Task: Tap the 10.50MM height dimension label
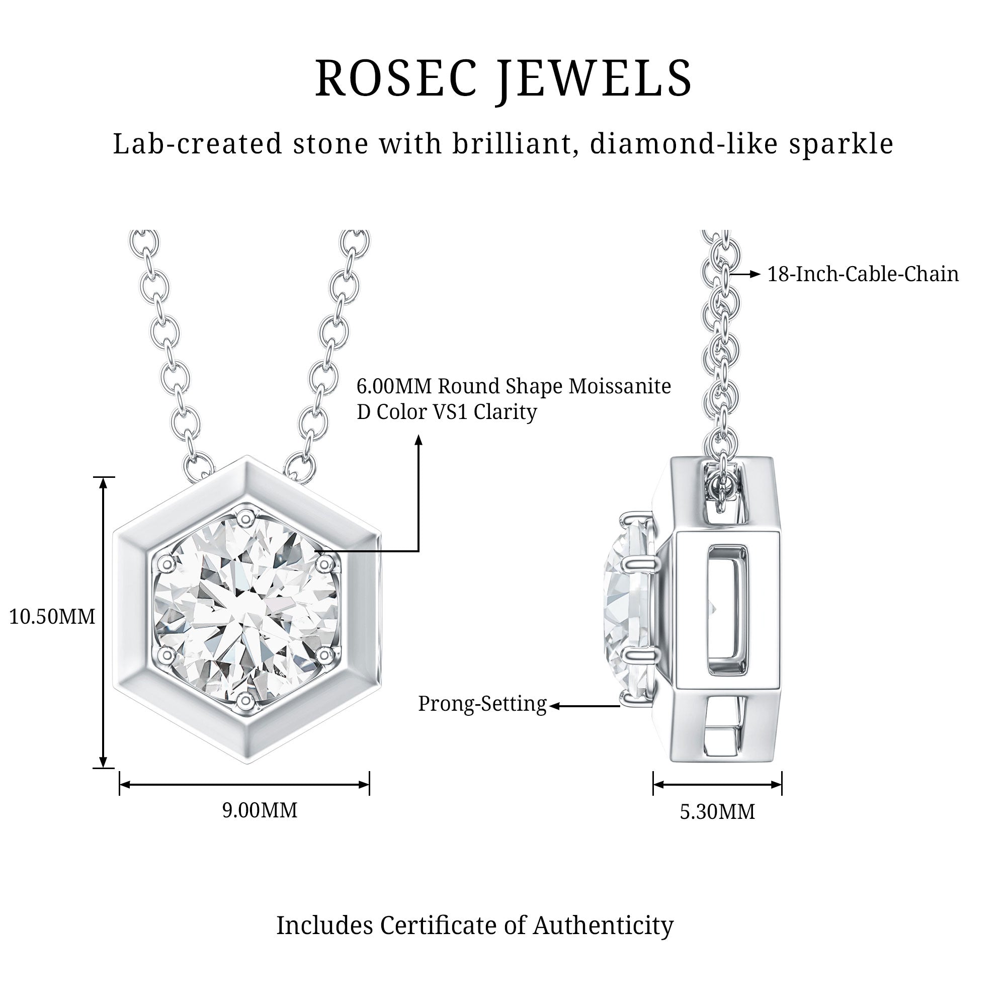click(x=52, y=617)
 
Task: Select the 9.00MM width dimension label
click(x=260, y=810)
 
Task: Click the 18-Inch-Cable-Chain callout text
click(x=863, y=275)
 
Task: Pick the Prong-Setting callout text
click(x=482, y=704)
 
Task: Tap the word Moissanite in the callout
click(x=620, y=386)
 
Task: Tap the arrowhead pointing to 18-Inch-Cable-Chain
click(x=756, y=275)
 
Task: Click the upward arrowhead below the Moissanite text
click(x=418, y=441)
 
